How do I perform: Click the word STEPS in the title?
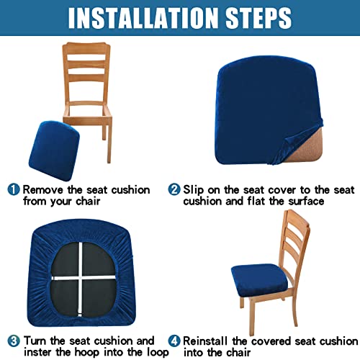258,18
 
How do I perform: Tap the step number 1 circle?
14,189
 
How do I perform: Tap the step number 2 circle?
174,189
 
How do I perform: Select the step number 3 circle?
14,341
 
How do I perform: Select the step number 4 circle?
174,341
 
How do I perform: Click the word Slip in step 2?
194,190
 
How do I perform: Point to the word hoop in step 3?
87,353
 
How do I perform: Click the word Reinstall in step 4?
205,341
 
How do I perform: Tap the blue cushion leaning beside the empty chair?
54,150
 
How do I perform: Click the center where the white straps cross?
80,279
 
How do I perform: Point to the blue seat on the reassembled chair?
260,279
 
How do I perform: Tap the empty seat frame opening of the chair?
86,111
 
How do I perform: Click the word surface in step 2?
306,201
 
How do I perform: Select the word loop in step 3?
158,353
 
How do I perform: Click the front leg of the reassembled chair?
251,317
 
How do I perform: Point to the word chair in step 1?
88,201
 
